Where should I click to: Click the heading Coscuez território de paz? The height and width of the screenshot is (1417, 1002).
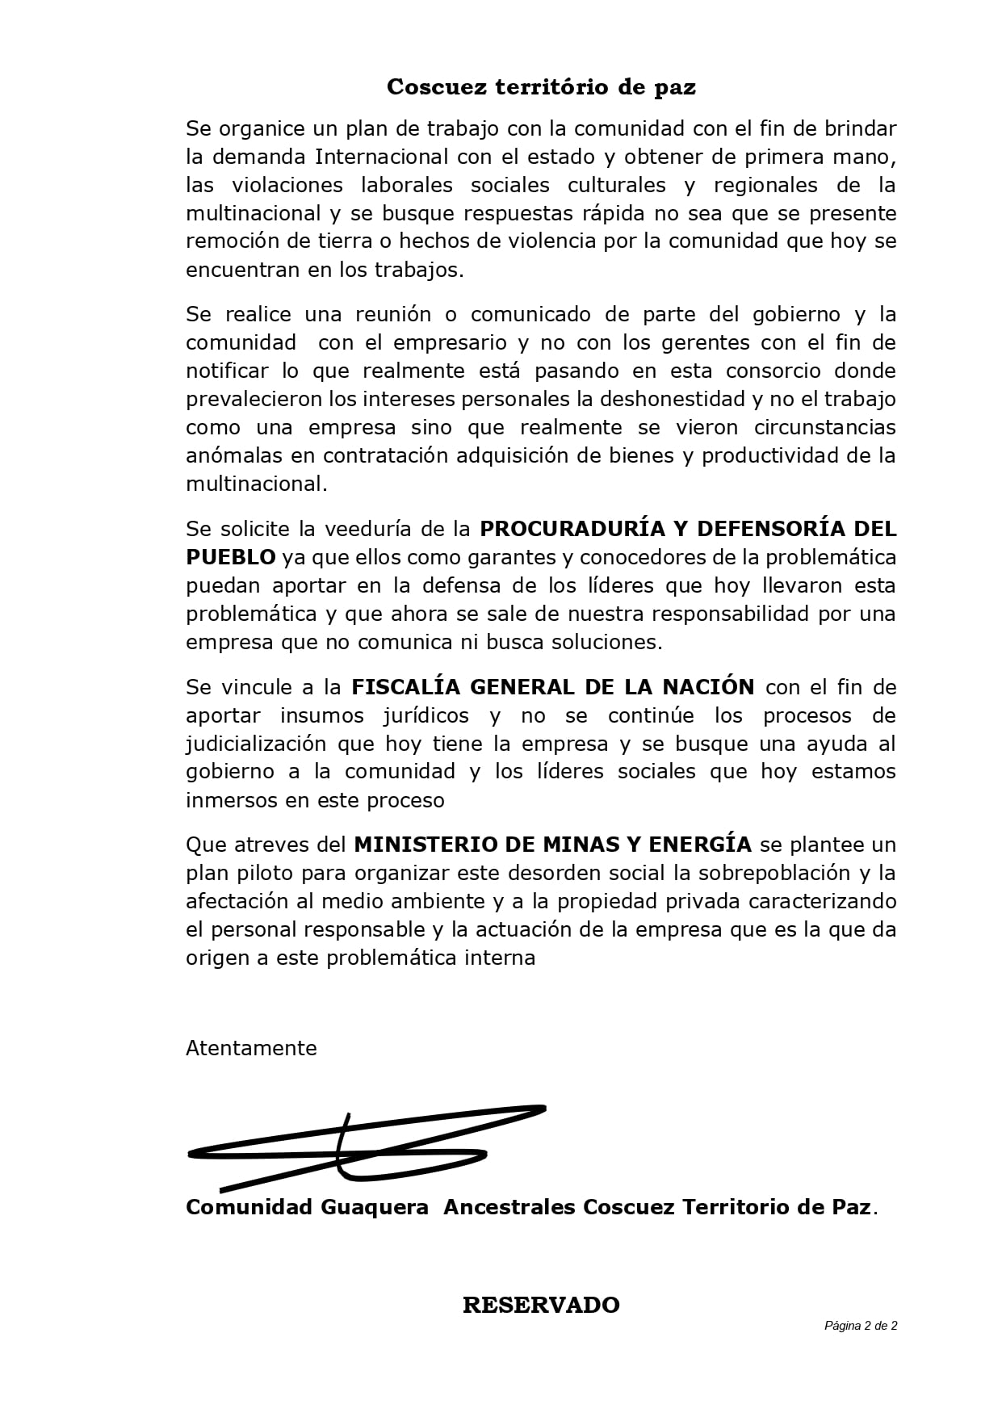point(541,87)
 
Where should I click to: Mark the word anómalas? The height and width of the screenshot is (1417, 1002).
point(235,455)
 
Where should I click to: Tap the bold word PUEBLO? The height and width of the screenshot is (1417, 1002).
point(231,557)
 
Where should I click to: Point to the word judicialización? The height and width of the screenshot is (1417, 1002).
point(256,743)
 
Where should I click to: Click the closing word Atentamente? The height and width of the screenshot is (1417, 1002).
point(251,1048)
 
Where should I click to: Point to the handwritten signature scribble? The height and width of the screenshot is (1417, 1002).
point(363,1147)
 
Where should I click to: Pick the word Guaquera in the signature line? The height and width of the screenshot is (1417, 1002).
point(375,1207)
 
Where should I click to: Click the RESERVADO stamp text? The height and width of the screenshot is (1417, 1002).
point(541,1305)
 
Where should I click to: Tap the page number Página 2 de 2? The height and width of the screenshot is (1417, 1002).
point(861,1326)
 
